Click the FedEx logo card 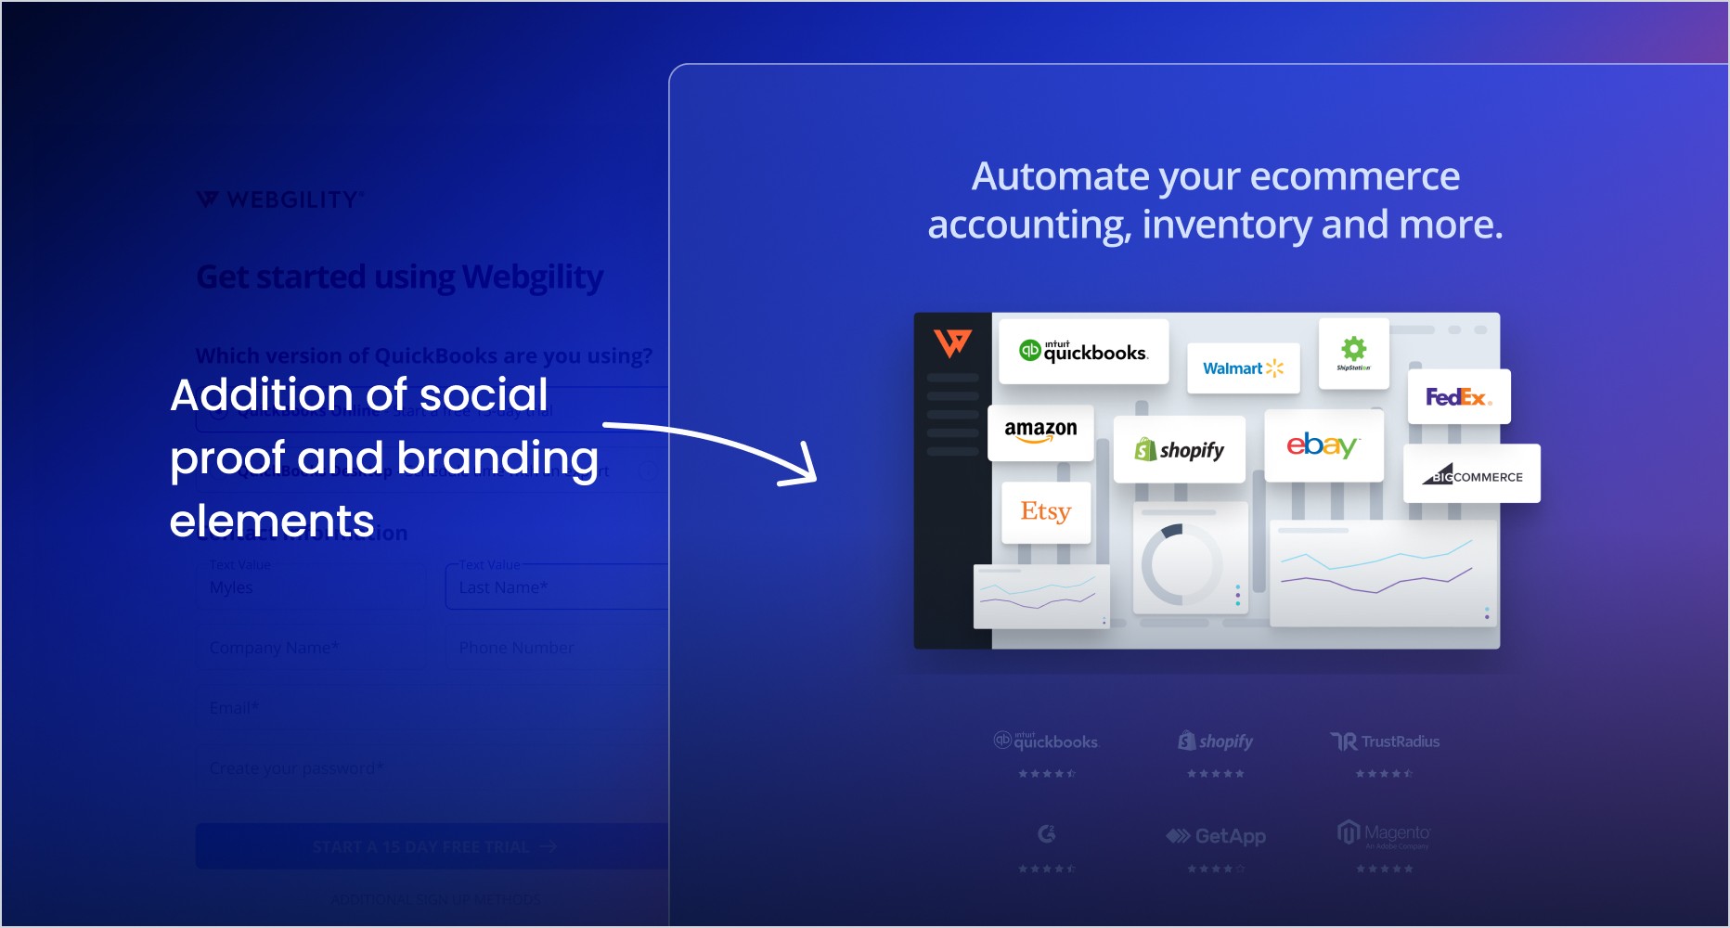coord(1458,397)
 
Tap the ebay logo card coord(1323,445)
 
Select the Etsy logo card coord(1045,511)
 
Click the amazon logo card coord(1040,432)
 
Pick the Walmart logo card coord(1243,368)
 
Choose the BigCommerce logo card coord(1472,474)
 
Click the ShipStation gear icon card coord(1353,352)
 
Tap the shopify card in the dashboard coord(1179,450)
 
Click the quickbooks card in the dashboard coord(1083,352)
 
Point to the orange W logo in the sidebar coord(952,343)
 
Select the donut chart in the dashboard coord(1181,563)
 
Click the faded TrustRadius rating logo coord(1385,741)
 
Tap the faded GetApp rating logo coord(1216,836)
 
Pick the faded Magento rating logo coord(1384,833)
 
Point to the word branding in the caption coord(497,458)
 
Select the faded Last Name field coord(557,587)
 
